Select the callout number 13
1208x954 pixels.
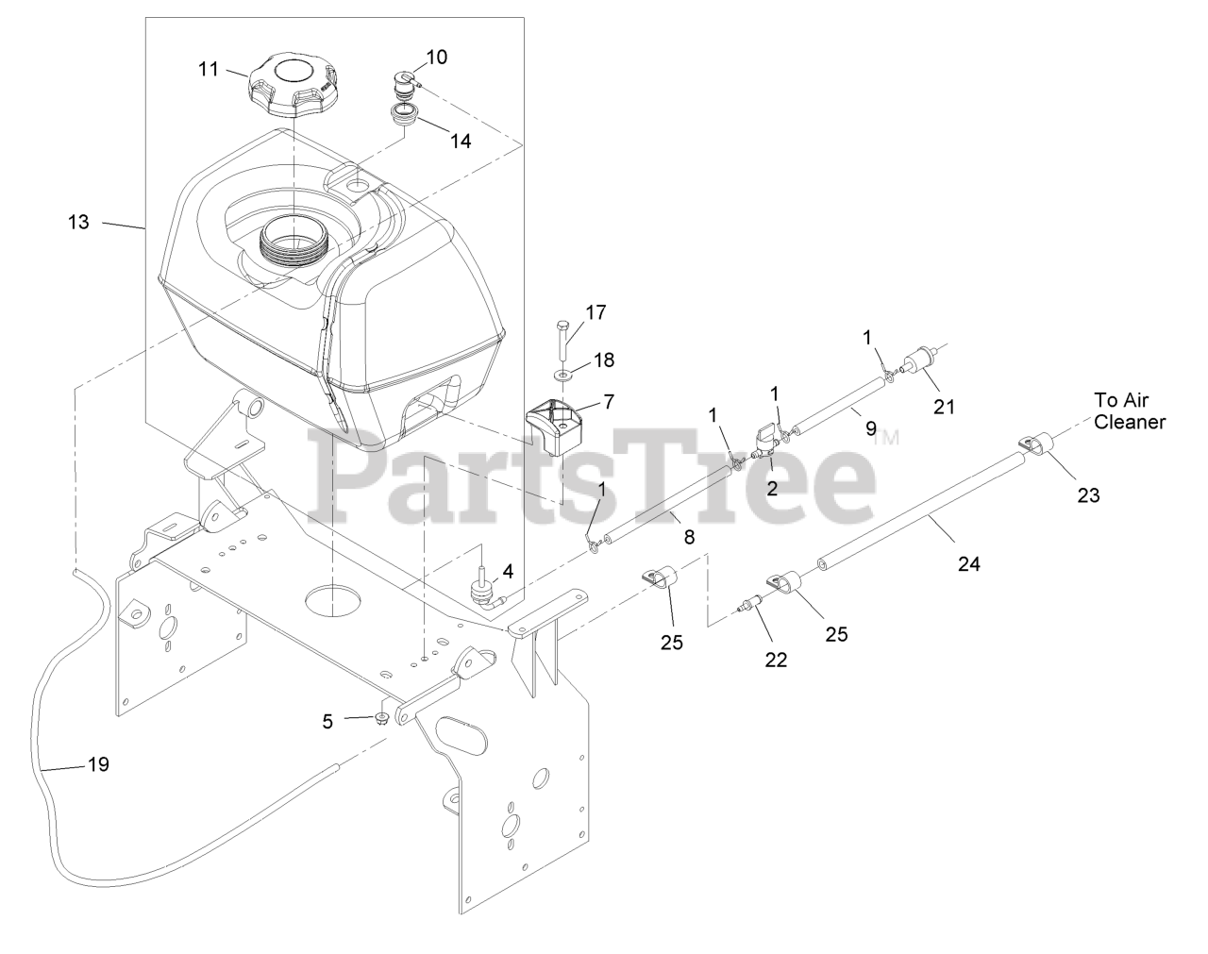(x=78, y=222)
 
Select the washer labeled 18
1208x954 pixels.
(x=563, y=376)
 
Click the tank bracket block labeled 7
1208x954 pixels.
(x=559, y=424)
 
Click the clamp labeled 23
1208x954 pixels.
(x=1034, y=444)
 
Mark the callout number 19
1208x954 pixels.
(x=99, y=764)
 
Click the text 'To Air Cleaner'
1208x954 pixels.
(x=1129, y=410)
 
